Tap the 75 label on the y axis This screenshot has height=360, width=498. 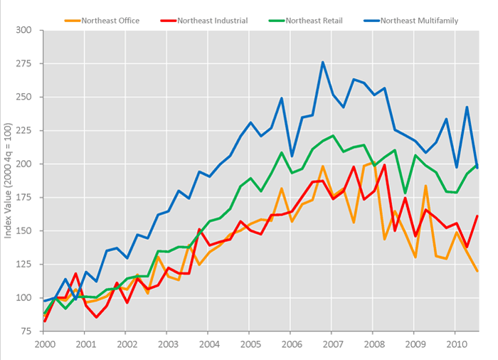point(25,332)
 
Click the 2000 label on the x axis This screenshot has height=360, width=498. point(43,344)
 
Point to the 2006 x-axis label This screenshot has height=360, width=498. point(292,344)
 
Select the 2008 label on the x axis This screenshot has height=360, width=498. point(373,344)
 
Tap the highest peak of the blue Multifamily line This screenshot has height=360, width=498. point(322,62)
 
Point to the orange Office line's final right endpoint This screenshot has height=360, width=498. point(477,271)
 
